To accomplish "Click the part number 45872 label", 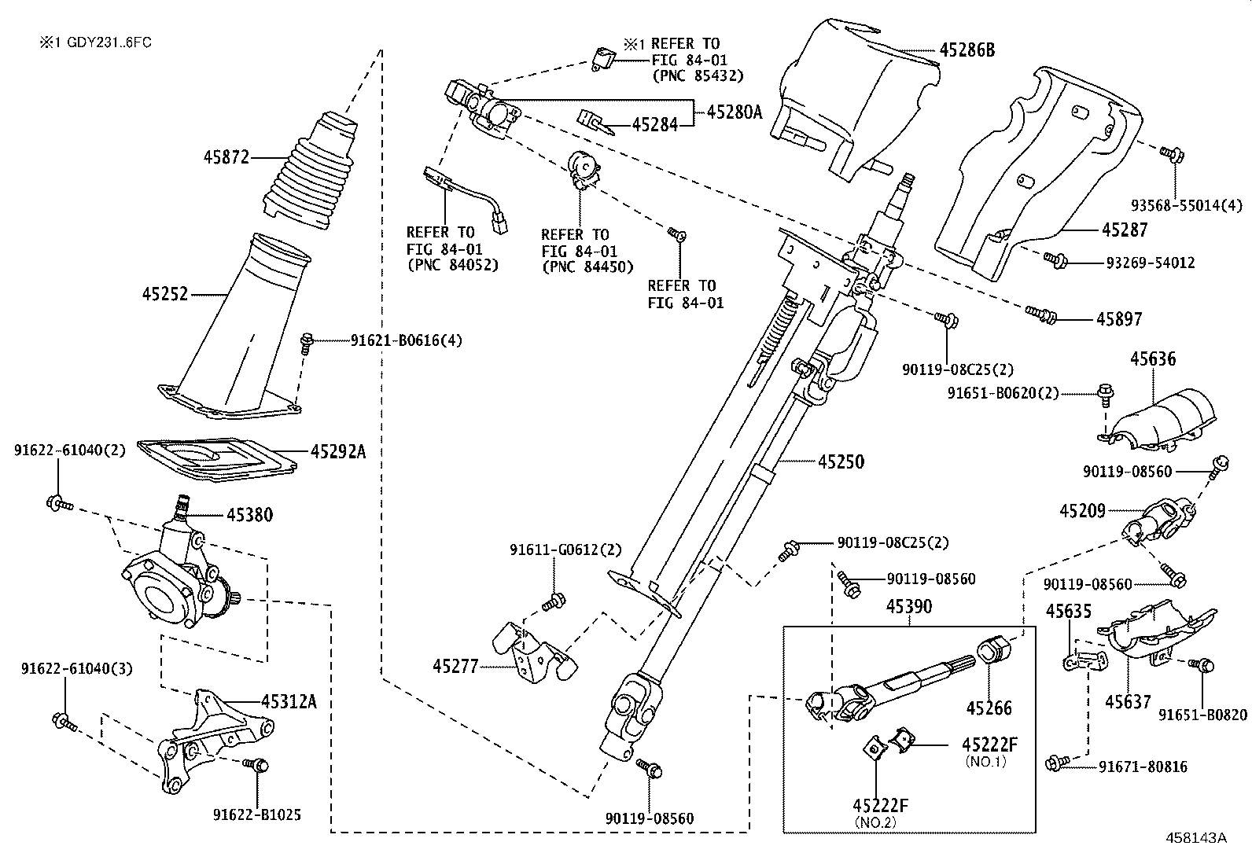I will coord(226,156).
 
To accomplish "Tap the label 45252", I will coord(165,294).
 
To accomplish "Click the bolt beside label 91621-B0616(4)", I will coord(307,342).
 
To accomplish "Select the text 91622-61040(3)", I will coord(76,669).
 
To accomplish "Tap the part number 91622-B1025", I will coord(256,814).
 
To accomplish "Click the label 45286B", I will coord(967,50).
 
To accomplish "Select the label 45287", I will coord(1124,230).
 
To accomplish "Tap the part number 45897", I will coord(1119,318).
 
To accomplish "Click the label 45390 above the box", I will coord(909,607).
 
